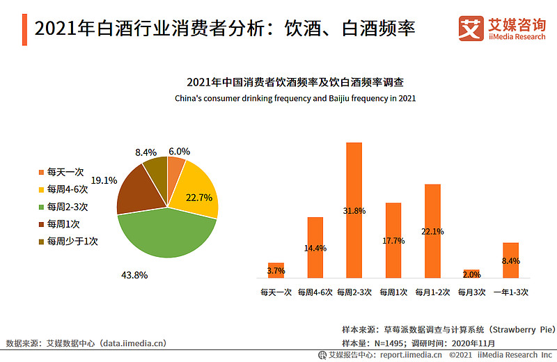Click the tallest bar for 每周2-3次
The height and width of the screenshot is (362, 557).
pyautogui.click(x=354, y=209)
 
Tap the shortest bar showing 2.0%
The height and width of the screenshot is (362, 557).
pyautogui.click(x=471, y=274)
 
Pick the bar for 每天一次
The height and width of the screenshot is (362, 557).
pyautogui.click(x=276, y=270)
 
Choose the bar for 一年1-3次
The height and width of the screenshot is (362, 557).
pyautogui.click(x=510, y=260)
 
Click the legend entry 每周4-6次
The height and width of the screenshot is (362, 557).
pyautogui.click(x=67, y=189)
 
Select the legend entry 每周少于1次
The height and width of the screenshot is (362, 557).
pyautogui.click(x=72, y=241)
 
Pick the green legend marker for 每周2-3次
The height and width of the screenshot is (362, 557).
pyautogui.click(x=41, y=207)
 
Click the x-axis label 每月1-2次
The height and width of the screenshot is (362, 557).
pyautogui.click(x=432, y=292)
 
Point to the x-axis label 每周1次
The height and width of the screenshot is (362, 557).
pyautogui.click(x=393, y=292)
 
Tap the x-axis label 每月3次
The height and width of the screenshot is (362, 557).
pyautogui.click(x=471, y=292)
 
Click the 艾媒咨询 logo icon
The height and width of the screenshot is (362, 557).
pyautogui.click(x=471, y=28)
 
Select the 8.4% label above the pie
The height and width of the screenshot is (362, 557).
pyautogui.click(x=146, y=152)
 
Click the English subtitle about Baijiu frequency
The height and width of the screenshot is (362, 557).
pyautogui.click(x=295, y=98)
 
